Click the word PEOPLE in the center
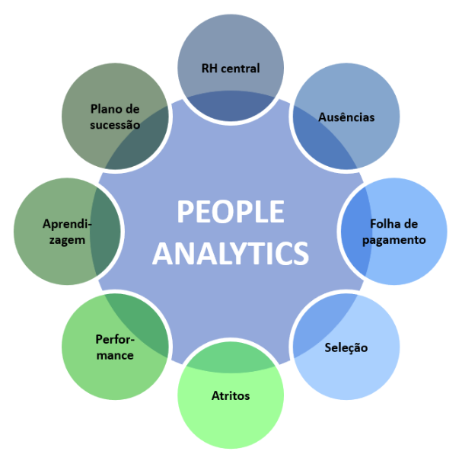point(231,211)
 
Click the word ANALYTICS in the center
point(231,253)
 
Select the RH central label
point(231,69)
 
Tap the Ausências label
point(346,117)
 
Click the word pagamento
point(394,240)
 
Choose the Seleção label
point(346,347)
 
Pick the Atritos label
point(231,395)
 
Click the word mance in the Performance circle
point(115,355)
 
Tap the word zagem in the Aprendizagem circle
point(67,240)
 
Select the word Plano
point(103,109)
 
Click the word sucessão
point(115,125)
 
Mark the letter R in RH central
point(206,69)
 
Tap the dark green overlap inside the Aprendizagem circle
point(105,232)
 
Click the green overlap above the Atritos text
point(231,357)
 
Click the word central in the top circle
point(241,69)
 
